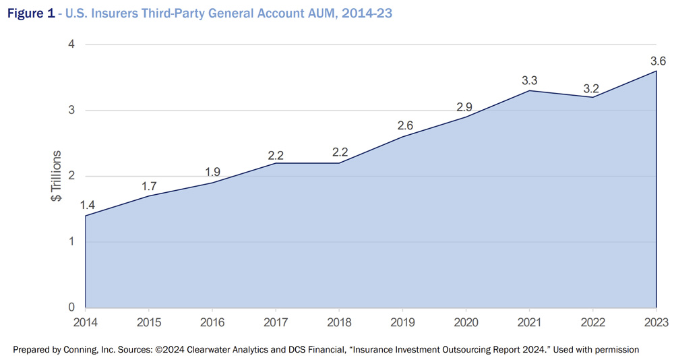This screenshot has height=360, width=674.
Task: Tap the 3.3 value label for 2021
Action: tap(529, 81)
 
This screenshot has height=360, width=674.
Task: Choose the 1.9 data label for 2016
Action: tap(213, 173)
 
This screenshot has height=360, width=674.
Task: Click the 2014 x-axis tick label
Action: tap(86, 322)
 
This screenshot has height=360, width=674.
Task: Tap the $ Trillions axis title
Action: tap(57, 176)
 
